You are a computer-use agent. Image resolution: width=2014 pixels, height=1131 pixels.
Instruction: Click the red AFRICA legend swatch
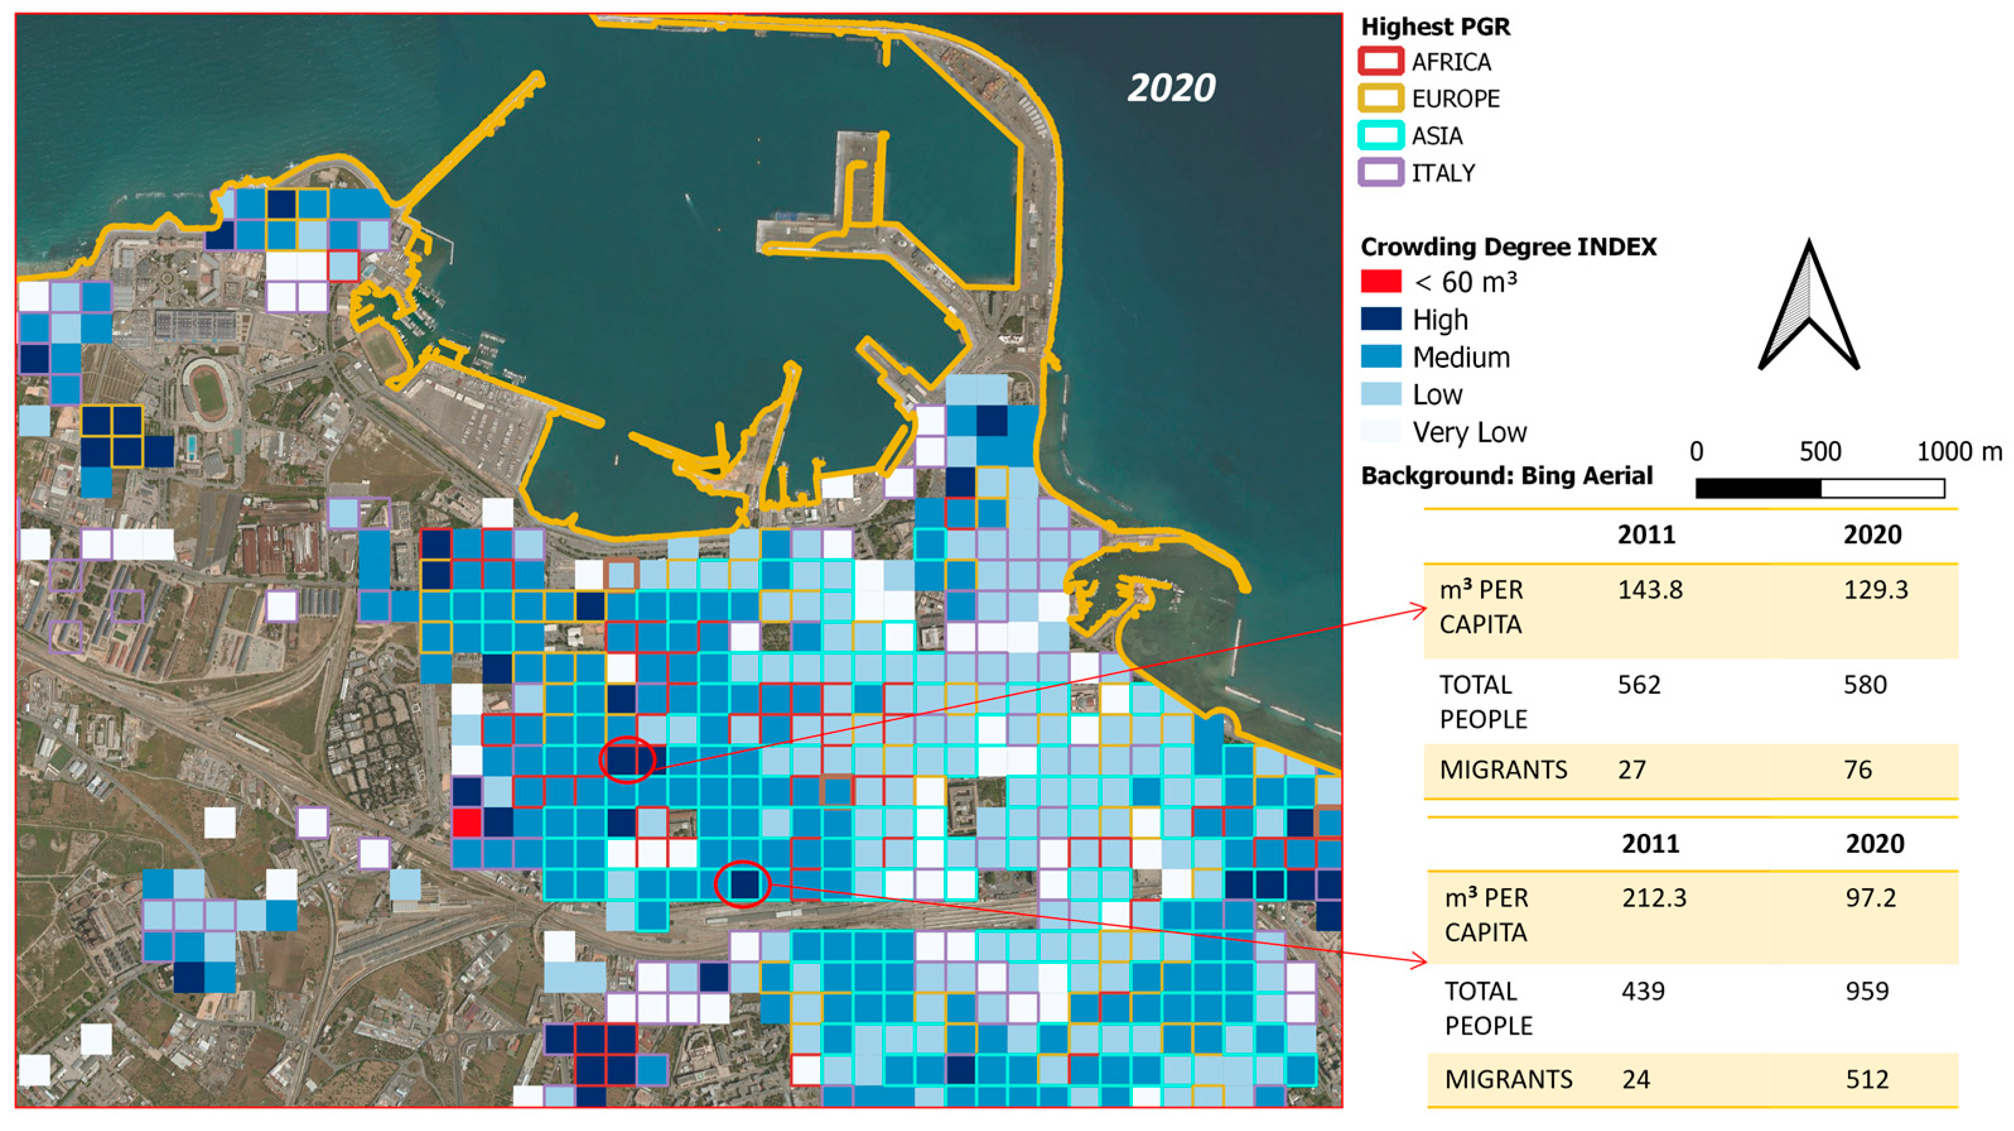click(x=1380, y=62)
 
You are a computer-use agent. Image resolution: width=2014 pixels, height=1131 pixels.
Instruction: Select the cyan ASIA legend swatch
click(x=1380, y=136)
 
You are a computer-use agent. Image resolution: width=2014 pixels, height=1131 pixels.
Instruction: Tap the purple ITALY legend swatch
click(x=1380, y=173)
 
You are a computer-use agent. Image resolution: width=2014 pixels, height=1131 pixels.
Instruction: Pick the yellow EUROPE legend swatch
click(x=1380, y=99)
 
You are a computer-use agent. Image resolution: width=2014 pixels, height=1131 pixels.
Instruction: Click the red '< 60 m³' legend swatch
click(x=1381, y=281)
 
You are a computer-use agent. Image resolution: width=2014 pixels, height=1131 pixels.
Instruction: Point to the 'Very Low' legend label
click(x=1468, y=432)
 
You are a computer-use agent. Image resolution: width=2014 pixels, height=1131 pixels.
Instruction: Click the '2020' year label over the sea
click(x=1171, y=88)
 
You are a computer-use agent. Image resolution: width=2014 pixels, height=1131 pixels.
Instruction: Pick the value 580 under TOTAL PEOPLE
click(x=1865, y=684)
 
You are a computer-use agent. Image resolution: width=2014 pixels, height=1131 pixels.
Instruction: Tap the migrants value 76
click(x=1858, y=770)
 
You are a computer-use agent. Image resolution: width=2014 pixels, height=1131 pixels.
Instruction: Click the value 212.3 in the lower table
click(x=1654, y=898)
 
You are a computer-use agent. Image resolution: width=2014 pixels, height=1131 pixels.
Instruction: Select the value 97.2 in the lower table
click(x=1871, y=898)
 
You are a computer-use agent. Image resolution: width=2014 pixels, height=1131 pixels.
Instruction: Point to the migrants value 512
click(x=1867, y=1079)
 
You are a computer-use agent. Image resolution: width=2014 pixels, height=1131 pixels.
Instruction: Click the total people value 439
click(x=1642, y=991)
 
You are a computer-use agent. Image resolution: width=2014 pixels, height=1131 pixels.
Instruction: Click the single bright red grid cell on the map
click(x=467, y=823)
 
